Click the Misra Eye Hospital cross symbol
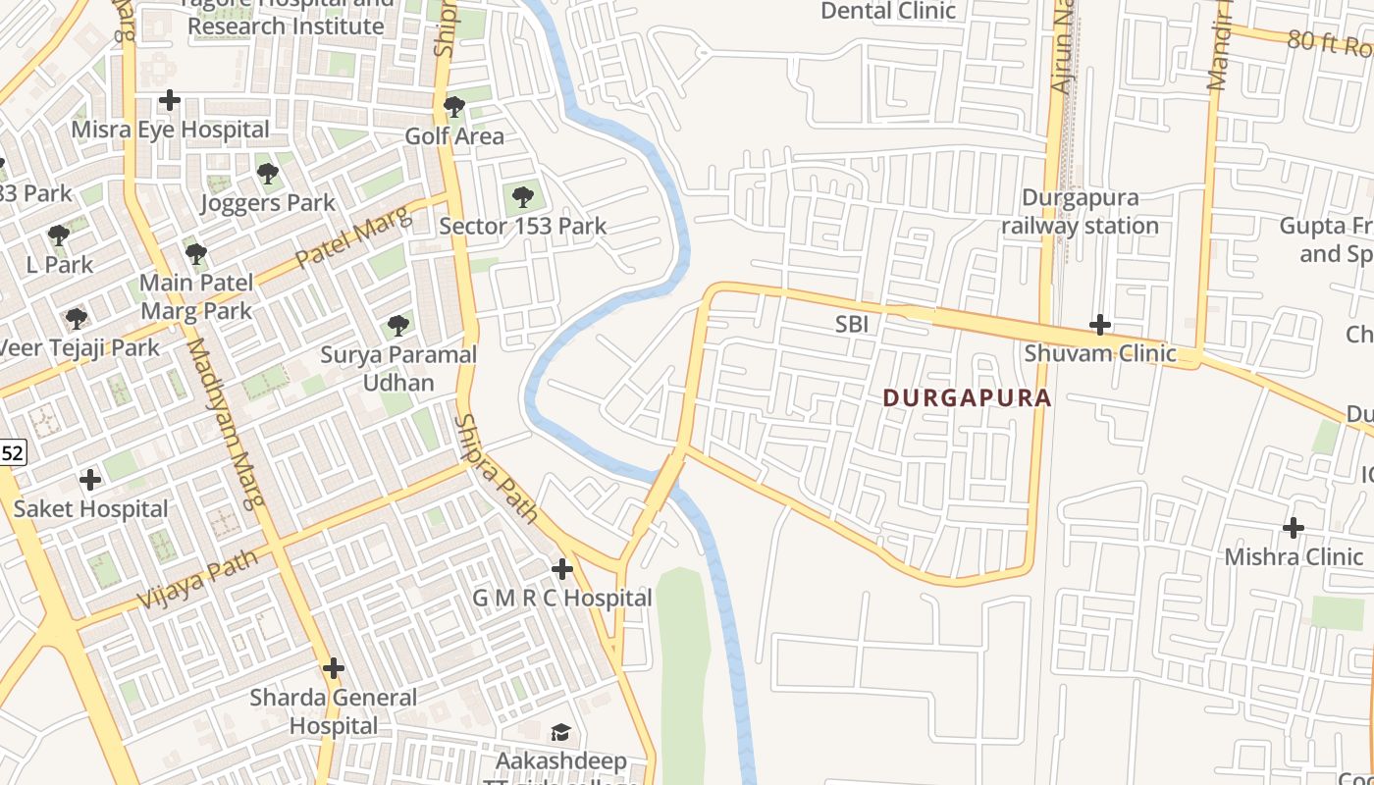[170, 100]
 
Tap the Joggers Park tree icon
[267, 175]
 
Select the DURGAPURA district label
[967, 398]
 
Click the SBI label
[852, 324]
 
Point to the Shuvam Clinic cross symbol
[1100, 325]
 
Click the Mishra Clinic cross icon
[1294, 528]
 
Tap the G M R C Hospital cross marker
[561, 569]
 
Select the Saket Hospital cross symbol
[90, 480]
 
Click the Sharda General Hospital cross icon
[334, 669]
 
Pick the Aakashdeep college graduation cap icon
[560, 733]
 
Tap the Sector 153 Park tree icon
[523, 197]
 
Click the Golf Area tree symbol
[453, 107]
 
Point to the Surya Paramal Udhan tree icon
[397, 325]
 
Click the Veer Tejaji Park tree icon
[76, 319]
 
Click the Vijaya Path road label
[197, 579]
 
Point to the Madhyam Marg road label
[226, 422]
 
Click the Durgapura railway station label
[1080, 212]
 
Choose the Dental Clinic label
[888, 11]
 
